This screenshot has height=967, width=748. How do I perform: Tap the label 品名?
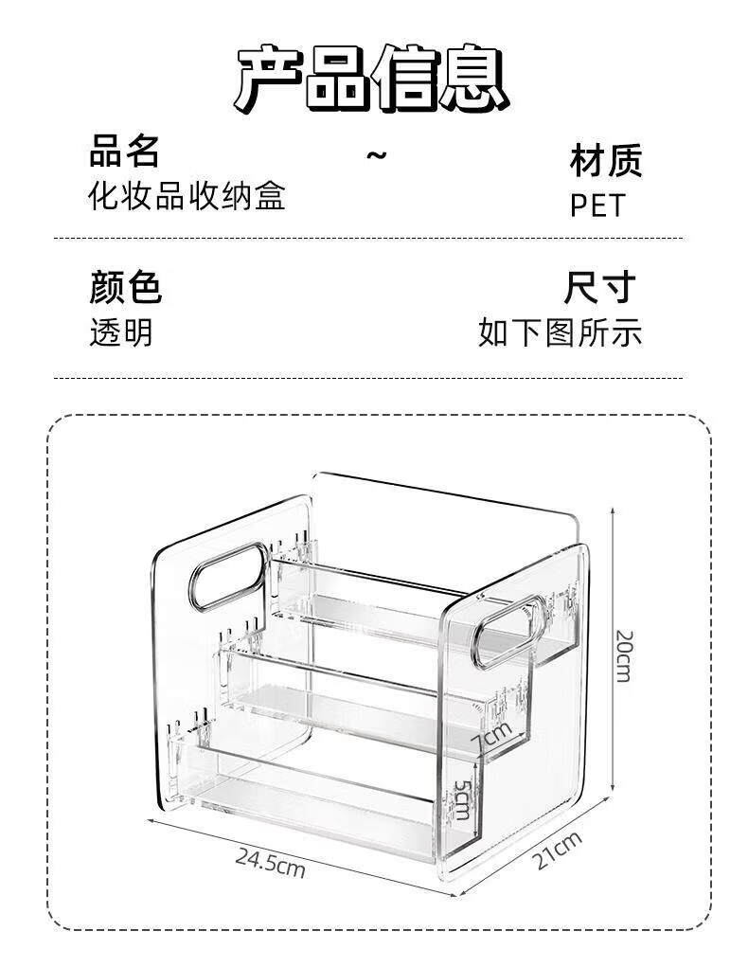[x=123, y=151]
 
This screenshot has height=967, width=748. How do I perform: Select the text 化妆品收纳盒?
[x=187, y=196]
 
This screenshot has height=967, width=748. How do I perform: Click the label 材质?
[x=605, y=160]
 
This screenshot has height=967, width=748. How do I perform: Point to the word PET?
[x=597, y=206]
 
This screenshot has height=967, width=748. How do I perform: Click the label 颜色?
[x=125, y=287]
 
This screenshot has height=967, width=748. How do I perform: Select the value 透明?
[x=120, y=332]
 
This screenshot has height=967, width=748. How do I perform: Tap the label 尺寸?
[x=599, y=287]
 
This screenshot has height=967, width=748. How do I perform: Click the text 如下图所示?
[x=560, y=332]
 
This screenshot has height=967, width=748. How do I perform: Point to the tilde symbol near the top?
[x=377, y=154]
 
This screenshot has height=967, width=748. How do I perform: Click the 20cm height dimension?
[x=623, y=654]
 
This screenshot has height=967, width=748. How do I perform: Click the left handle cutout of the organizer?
[x=228, y=574]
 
